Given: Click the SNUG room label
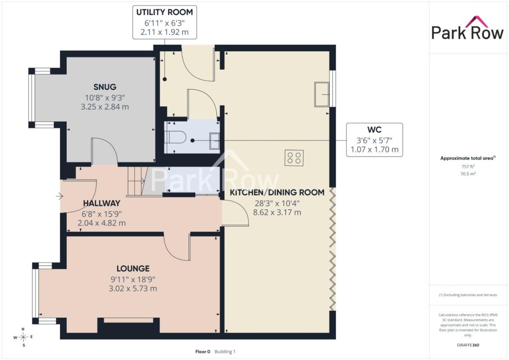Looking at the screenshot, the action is point(105,87).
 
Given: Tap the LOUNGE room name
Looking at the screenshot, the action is point(133,269).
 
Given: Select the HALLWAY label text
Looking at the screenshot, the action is point(101,203).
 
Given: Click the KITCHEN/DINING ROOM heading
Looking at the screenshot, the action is point(277,192).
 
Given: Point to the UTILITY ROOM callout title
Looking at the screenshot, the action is point(165,12).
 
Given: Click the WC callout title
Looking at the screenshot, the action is point(374,130).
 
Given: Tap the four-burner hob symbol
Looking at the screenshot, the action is point(294,158).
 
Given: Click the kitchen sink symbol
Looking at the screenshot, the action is point(322,94).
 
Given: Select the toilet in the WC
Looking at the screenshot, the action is point(175,137).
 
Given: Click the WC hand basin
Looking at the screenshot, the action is point(214,141).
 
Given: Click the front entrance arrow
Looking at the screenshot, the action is point(60,196).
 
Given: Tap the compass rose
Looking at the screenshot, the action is point(23,337).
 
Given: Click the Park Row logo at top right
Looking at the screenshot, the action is point(467,28).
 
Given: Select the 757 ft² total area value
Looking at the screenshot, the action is point(468,167).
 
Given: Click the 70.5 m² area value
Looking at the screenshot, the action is point(468,174).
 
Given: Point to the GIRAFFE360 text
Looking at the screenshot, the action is point(468,345).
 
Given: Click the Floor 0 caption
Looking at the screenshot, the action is point(203,352).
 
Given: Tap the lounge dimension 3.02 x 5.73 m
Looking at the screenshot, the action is point(133,288).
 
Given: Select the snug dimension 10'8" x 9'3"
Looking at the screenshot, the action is point(105,97).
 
